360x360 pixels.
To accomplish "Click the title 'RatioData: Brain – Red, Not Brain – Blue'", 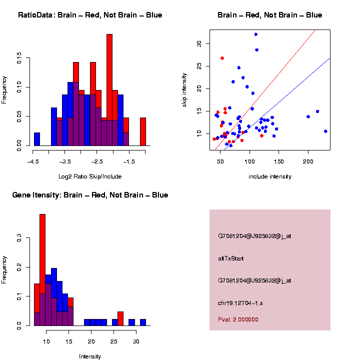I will [90, 15].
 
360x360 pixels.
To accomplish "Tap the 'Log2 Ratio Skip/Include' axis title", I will [90, 176].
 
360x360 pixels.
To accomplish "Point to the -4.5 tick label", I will [33, 162].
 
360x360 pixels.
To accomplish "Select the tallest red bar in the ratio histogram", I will [109, 90].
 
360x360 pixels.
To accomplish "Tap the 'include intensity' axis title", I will [270, 176].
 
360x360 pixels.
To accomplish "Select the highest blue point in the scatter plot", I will [256, 34].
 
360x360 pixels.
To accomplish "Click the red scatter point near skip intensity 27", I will [222, 58].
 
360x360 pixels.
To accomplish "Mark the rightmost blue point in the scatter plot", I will [325, 131].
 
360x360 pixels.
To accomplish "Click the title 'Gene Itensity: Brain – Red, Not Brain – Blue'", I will [90, 195].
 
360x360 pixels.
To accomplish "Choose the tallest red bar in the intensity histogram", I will [42, 270].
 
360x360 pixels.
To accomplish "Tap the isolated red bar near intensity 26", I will [120, 318].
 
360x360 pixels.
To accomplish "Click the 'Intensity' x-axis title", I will [90, 356].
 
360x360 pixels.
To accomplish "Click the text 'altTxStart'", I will [230, 258].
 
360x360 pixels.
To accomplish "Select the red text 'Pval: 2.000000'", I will [238, 319].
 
